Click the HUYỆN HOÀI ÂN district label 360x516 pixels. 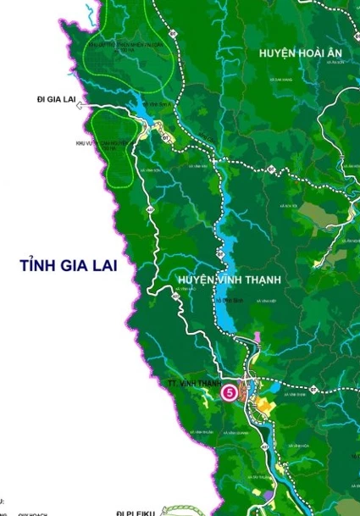pyautogui.click(x=288, y=53)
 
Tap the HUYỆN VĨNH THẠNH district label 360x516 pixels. pyautogui.click(x=230, y=280)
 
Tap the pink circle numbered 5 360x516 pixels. pyautogui.click(x=229, y=392)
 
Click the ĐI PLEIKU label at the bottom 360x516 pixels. pyautogui.click(x=135, y=512)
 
